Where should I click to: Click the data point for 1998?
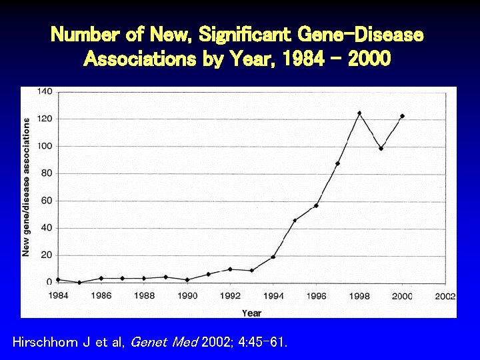tap(359, 113)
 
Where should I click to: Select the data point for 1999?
tap(381, 148)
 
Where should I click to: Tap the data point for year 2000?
tap(402, 116)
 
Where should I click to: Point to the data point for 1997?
tap(338, 163)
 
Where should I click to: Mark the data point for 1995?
tap(295, 220)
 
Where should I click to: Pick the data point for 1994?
tap(273, 257)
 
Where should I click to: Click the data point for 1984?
tap(58, 279)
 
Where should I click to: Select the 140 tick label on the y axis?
tap(45, 91)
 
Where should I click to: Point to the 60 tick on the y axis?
tap(47, 201)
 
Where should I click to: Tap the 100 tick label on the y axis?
tap(45, 146)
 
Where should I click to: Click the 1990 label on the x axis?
tap(187, 296)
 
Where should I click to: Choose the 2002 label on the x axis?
tap(445, 296)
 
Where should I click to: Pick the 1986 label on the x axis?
tap(101, 296)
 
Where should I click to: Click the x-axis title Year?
tap(252, 313)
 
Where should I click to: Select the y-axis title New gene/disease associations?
tap(27, 187)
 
